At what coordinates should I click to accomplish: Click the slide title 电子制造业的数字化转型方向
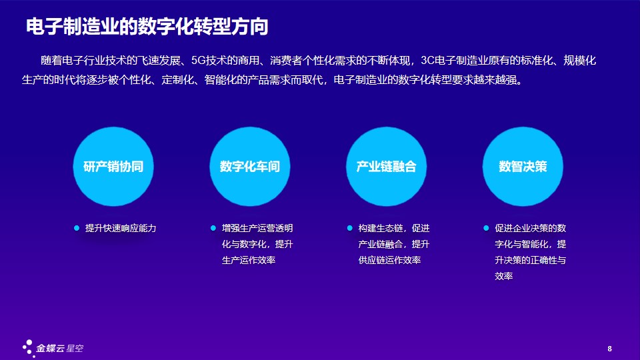pos(147,27)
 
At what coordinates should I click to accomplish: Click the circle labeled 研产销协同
pos(113,167)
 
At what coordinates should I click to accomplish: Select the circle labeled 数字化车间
pos(250,167)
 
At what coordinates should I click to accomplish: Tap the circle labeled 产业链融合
pos(387,167)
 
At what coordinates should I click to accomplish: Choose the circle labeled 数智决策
pos(523,167)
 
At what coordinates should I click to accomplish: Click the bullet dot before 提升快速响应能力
pos(76,228)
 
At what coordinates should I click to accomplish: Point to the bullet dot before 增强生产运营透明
pos(213,228)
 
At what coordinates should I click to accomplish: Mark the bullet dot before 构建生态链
pos(349,228)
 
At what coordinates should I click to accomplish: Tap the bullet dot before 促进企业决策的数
pos(486,228)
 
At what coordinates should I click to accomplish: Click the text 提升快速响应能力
pos(121,228)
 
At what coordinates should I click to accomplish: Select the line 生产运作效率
pos(249,260)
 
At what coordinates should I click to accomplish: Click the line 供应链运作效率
pos(389,260)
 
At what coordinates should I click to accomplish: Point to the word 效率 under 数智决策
pos(504,276)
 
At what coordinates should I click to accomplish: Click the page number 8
pos(610,349)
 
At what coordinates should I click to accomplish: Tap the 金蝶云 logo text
pos(50,348)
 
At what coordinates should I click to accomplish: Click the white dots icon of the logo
pos(28,348)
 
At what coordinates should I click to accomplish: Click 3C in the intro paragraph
pos(428,61)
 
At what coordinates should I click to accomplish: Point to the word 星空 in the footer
pos(75,348)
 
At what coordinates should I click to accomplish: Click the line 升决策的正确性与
pos(531,260)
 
